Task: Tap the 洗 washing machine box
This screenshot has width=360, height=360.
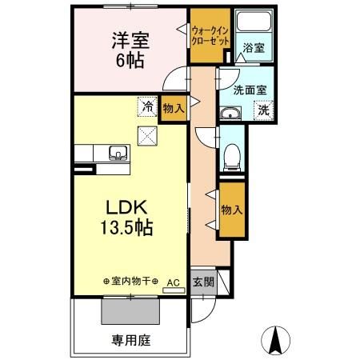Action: [x=263, y=111]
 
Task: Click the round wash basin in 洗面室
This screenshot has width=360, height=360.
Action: [x=233, y=112]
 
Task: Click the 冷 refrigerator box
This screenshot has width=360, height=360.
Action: [x=147, y=104]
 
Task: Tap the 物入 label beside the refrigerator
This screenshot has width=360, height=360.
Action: [x=173, y=107]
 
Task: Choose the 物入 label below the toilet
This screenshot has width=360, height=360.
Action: [x=231, y=210]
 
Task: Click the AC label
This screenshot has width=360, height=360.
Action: [x=172, y=282]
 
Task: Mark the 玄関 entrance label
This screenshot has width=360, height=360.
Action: [x=203, y=282]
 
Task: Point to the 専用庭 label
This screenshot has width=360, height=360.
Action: [x=130, y=338]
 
